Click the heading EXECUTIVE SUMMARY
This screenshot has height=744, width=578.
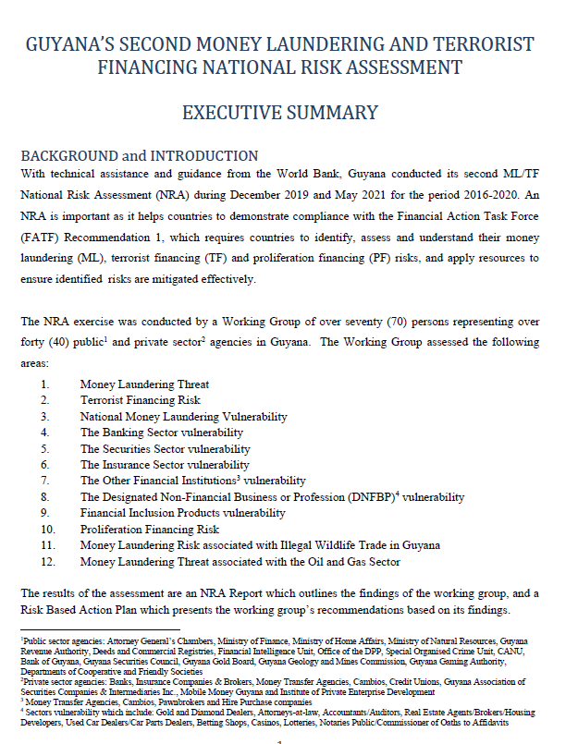280,114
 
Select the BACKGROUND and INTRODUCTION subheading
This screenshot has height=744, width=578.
140,155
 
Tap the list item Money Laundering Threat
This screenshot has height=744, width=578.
144,384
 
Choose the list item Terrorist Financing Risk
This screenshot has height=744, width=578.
140,400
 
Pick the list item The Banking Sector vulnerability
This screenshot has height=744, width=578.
162,433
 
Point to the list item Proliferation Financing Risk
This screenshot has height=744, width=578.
150,530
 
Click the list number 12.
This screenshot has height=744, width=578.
48,562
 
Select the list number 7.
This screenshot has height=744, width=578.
44,481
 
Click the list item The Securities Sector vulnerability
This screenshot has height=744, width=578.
166,448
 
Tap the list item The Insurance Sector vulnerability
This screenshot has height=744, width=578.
165,465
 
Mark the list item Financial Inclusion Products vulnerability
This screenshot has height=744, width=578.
183,513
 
